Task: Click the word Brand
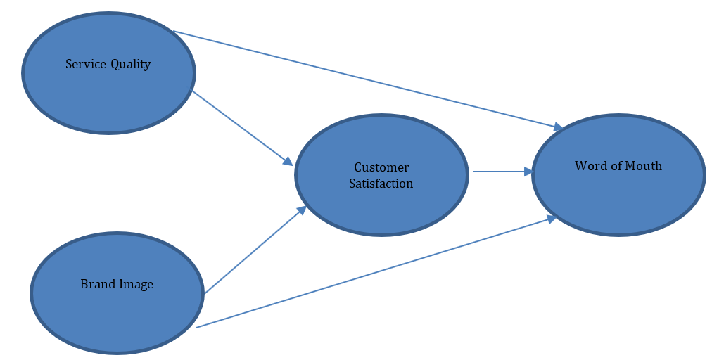(x=96, y=285)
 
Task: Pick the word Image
(x=136, y=285)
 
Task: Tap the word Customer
(x=381, y=168)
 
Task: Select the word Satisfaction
(x=381, y=184)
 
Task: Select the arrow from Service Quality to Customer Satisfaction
(x=239, y=126)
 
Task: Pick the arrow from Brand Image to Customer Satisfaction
(x=253, y=250)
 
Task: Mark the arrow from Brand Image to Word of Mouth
(x=373, y=274)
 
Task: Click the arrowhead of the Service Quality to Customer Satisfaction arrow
(x=288, y=162)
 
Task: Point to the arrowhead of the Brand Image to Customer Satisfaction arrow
(x=302, y=210)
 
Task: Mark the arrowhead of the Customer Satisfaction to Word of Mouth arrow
(x=529, y=171)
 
